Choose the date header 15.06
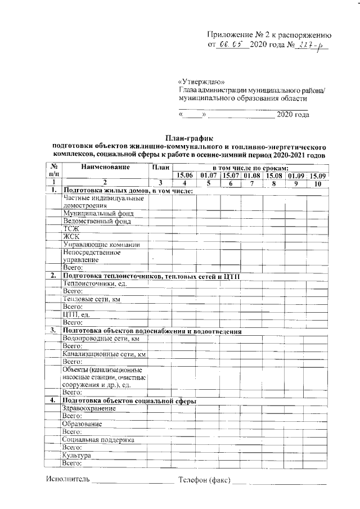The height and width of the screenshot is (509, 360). [185, 175]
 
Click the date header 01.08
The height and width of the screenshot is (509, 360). [252, 175]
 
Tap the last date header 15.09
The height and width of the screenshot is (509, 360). [318, 175]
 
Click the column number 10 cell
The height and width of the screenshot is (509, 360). [318, 183]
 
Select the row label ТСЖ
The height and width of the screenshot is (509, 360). [71, 229]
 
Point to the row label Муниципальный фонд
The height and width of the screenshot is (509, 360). [96, 214]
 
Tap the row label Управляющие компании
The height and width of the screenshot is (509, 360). [101, 245]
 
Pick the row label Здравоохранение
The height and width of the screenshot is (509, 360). [90, 408]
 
